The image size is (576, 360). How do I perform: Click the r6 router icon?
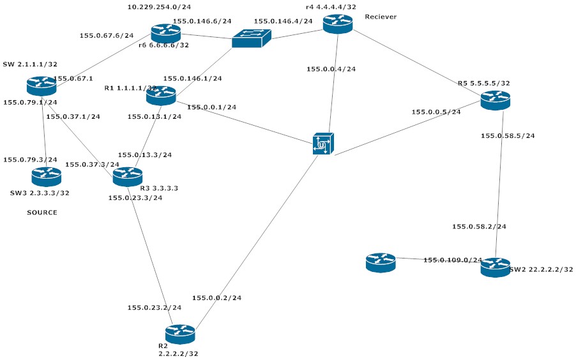166,33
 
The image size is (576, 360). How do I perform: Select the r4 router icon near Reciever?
338,24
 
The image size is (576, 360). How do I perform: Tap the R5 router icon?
496,100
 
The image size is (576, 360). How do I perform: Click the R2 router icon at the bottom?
180,334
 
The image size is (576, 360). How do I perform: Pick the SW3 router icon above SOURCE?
47,177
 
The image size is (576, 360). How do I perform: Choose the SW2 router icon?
496,267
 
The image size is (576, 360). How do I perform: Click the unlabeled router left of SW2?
381,262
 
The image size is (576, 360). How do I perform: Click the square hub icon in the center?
323,144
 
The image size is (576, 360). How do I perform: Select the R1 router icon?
161,96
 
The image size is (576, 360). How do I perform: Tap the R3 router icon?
128,177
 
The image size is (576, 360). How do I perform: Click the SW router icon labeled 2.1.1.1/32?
42,86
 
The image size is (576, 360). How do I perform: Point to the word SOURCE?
42,213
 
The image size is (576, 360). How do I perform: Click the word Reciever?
381,17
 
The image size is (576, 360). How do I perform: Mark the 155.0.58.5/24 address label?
508,135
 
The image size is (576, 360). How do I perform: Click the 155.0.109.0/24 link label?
453,260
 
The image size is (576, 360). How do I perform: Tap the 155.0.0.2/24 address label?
216,297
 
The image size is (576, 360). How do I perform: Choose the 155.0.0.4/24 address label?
331,69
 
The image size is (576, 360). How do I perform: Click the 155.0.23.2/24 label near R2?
154,308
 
